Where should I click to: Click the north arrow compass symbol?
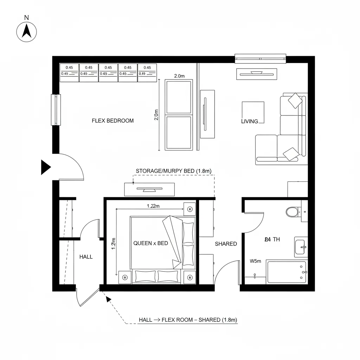(27, 32)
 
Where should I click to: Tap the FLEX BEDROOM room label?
(112, 121)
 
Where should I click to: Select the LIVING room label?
(250, 121)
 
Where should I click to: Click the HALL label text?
(86, 257)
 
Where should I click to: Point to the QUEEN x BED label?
(150, 243)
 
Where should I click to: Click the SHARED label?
(226, 244)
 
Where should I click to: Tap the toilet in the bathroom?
(292, 212)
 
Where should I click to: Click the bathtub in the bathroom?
(287, 272)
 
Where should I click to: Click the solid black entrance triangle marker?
(45, 167)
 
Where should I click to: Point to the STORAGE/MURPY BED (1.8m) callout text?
(173, 171)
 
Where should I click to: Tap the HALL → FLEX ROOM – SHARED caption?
(188, 320)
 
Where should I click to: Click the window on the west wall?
(56, 109)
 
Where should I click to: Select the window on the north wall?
(260, 58)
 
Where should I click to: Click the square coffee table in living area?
(253, 112)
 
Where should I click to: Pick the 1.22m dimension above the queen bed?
(153, 206)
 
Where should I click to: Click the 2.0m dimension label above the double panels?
(179, 76)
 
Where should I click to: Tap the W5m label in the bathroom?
(255, 261)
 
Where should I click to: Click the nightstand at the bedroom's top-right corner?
(190, 208)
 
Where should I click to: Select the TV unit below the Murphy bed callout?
(149, 189)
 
